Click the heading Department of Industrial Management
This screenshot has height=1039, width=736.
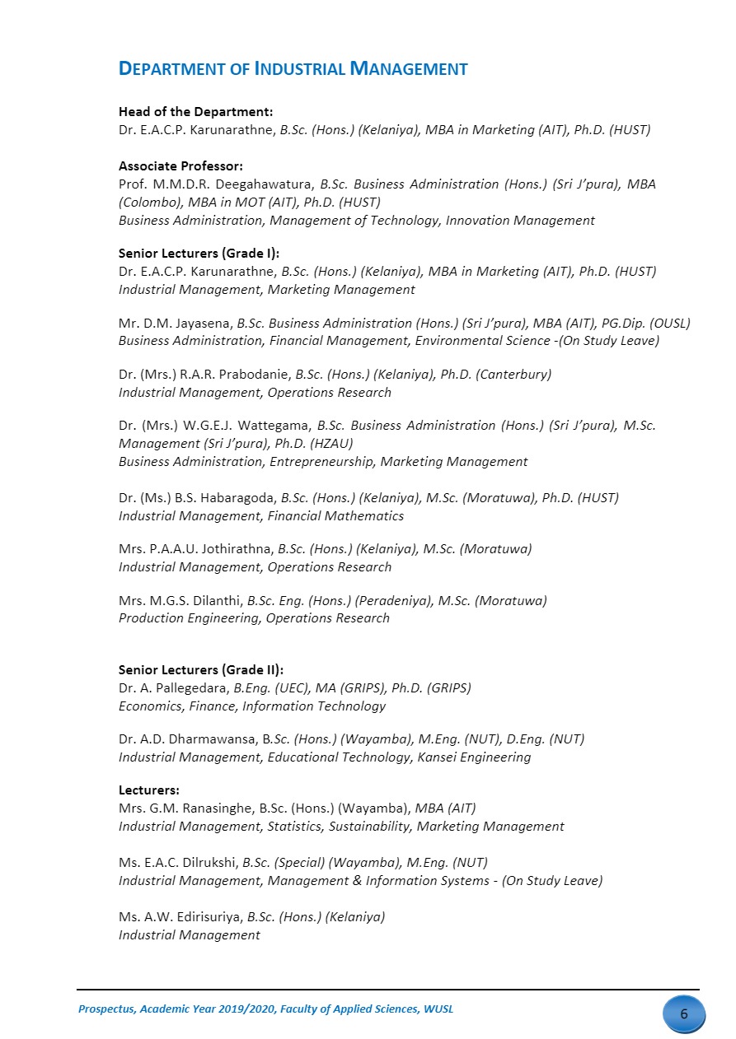(293, 69)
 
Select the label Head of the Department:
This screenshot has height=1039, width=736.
(195, 111)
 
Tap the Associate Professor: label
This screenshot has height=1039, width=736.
(180, 166)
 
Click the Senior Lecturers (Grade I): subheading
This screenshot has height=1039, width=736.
(204, 254)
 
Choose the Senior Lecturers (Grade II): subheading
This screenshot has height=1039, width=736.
(207, 670)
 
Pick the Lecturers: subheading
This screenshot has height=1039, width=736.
(149, 790)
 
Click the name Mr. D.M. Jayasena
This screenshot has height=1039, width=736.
(176, 324)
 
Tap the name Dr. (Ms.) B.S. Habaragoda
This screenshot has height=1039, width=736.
(198, 498)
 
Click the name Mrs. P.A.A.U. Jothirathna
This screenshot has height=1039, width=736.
(196, 549)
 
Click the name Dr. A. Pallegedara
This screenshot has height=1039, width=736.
(174, 688)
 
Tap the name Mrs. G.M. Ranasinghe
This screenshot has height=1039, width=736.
(186, 808)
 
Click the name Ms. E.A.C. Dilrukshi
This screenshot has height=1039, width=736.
(178, 863)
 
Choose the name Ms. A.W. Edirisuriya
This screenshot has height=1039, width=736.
(181, 916)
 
